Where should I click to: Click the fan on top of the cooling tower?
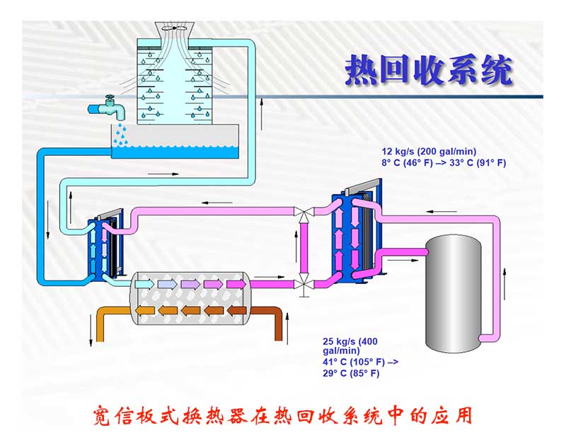(x=173, y=28)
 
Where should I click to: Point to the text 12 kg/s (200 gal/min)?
(x=427, y=152)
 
